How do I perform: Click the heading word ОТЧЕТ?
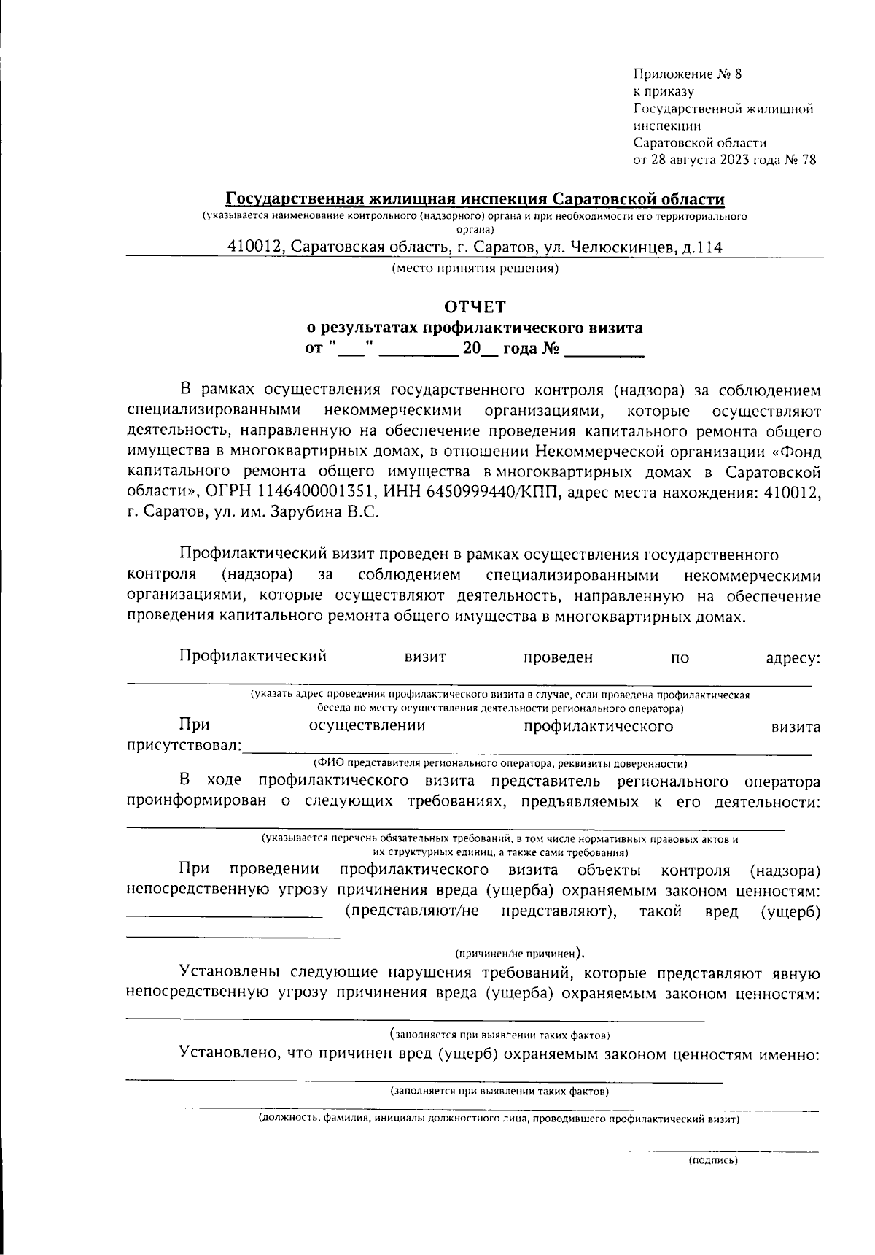click(x=475, y=306)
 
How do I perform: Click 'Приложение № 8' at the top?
click(x=687, y=74)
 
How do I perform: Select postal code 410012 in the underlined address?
click(x=254, y=247)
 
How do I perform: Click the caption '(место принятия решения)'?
click(x=475, y=269)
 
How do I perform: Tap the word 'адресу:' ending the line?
click(x=793, y=657)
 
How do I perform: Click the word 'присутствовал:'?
click(x=184, y=746)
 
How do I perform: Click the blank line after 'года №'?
click(x=604, y=355)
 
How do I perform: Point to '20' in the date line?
click(x=472, y=349)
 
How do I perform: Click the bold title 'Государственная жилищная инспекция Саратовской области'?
click(x=475, y=199)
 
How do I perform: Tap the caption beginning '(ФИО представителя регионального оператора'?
click(x=500, y=764)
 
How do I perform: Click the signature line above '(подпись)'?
click(x=713, y=1151)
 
